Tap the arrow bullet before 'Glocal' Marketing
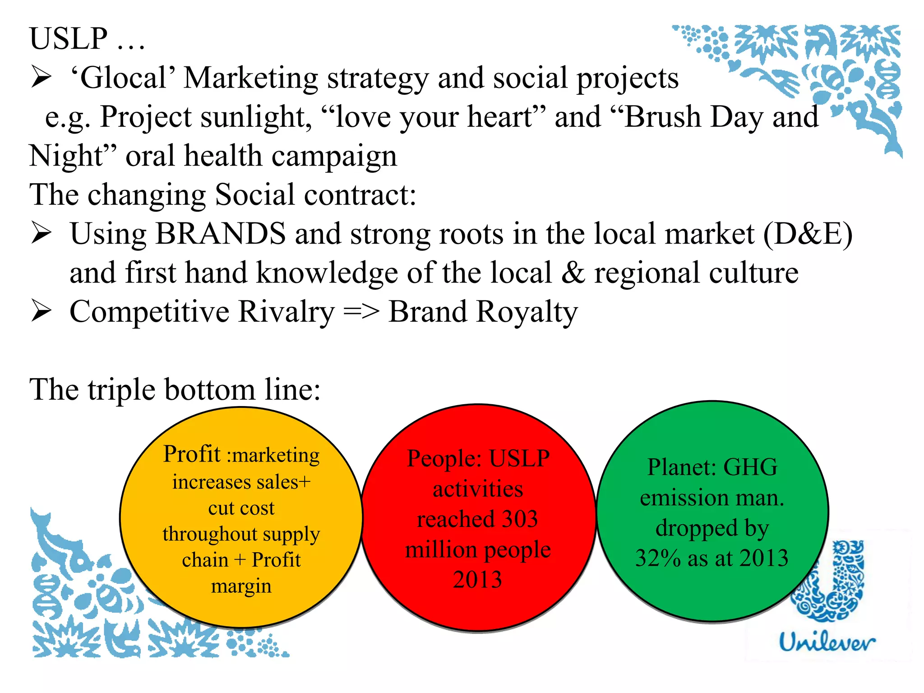coord(41,78)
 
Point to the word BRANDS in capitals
coord(221,234)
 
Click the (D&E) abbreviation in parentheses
coord(807,234)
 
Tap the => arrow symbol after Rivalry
coord(361,312)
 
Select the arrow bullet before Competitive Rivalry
coord(41,312)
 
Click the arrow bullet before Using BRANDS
coord(41,234)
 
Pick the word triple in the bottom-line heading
coord(121,390)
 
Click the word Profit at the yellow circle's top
coord(192,454)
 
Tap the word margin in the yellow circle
coord(241,586)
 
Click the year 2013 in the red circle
coord(477,580)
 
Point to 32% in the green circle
coord(657,558)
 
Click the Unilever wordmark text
coord(827,642)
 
